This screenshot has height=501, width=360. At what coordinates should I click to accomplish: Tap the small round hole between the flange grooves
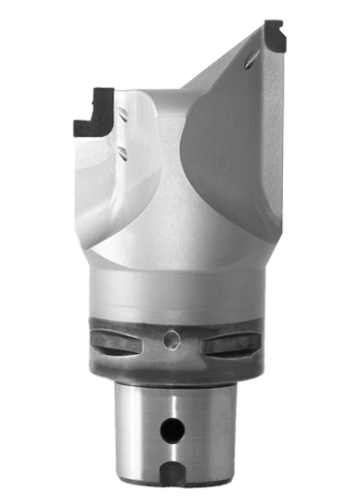[168, 341]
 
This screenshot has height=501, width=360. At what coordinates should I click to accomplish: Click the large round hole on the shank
[168, 428]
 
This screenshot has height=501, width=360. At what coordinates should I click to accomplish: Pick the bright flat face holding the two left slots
[138, 133]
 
